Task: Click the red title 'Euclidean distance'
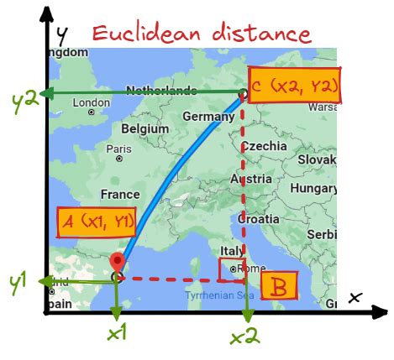point(202,34)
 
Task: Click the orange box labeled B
point(279,285)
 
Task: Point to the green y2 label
point(23,102)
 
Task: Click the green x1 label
point(116,333)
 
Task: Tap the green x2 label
point(244,337)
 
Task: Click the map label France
point(119,194)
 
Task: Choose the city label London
point(92,103)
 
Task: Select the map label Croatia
point(258,218)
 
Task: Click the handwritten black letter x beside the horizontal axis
point(355,296)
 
